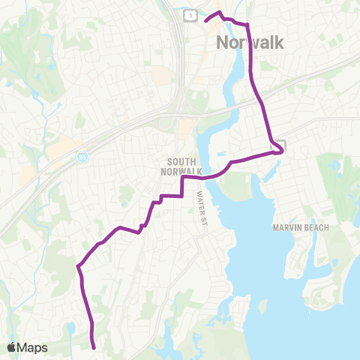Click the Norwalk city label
coord(250,43)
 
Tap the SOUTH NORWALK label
coord(182,166)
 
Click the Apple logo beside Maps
coord(12,347)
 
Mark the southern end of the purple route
coord(94,347)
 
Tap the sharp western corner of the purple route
coord(78,265)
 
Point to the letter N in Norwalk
coord(223,43)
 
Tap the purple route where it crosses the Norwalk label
coord(248,43)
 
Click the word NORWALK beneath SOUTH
coord(182,171)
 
